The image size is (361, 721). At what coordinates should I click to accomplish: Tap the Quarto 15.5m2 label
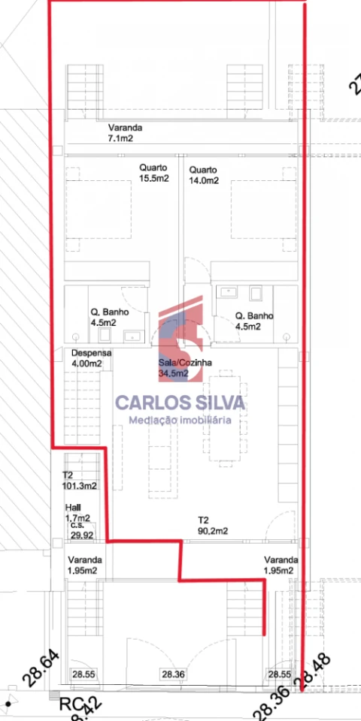153,173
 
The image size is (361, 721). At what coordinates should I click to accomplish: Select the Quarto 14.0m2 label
204,174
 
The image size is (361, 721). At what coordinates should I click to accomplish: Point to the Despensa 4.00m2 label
91,358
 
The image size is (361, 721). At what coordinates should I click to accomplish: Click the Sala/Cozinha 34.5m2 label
185,368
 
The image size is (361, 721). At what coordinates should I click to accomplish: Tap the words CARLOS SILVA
180,403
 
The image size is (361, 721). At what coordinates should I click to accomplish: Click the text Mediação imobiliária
180,420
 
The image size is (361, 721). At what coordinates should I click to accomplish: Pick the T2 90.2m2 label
212,525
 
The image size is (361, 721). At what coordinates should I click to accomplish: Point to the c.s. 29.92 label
81,530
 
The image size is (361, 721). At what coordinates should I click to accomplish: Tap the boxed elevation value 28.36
174,674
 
